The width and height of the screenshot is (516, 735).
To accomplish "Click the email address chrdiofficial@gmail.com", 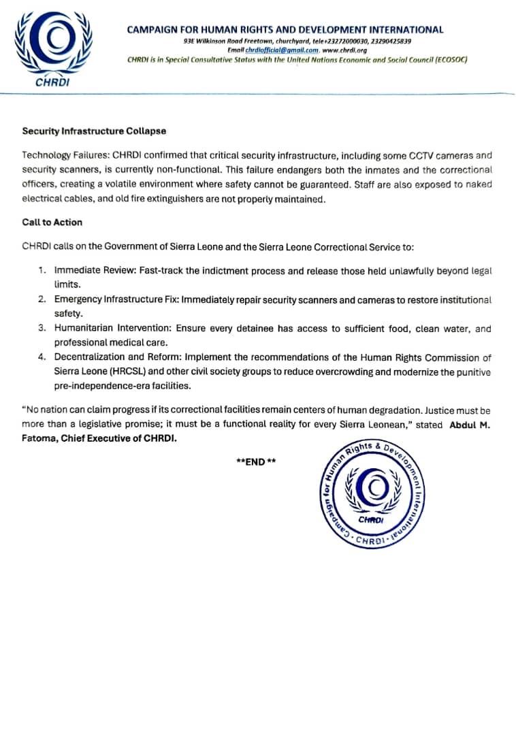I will [x=282, y=50].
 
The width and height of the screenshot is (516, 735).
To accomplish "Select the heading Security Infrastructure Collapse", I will [x=94, y=131].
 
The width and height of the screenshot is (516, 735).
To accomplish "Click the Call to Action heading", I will [x=52, y=222].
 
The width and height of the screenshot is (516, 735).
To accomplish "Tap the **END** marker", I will [x=256, y=461].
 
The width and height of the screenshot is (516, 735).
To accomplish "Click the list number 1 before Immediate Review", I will [x=42, y=271].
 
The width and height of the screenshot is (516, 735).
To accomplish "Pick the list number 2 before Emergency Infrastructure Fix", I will [x=42, y=299].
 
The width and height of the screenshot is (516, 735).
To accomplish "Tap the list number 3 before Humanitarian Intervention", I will [x=42, y=329].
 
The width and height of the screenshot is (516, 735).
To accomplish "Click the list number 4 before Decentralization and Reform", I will [x=42, y=357].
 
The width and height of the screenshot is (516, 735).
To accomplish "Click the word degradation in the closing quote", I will [x=385, y=410].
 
